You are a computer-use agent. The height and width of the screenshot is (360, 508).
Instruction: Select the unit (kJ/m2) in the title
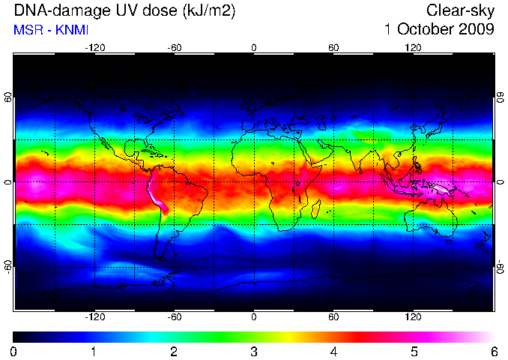pos(209,11)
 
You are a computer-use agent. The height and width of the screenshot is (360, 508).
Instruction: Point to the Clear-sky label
pos(460,11)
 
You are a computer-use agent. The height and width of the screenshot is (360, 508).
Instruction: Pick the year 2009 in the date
pos(477,29)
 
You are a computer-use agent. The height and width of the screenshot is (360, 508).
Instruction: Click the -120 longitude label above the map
pos(95,48)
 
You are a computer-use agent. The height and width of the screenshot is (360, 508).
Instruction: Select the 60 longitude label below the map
pos(333,316)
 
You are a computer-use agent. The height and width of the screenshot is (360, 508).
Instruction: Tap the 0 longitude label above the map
pos(254,48)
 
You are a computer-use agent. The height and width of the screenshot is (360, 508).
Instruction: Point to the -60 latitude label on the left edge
pos(8,267)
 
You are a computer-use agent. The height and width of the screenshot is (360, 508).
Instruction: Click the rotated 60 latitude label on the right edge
pos(501,97)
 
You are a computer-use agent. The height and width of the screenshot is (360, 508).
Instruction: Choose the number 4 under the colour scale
pos(333,352)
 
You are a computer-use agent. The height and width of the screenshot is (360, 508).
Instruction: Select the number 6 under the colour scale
pos(494,352)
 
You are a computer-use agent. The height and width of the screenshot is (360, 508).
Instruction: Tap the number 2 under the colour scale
pos(174,352)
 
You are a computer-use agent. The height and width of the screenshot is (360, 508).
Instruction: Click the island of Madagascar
pos(316,209)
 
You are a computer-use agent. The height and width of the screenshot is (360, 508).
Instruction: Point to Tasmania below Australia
pos(448,241)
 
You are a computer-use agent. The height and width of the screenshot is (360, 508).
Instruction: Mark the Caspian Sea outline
pos(321,123)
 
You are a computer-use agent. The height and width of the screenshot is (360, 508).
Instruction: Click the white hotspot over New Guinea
pos(440,188)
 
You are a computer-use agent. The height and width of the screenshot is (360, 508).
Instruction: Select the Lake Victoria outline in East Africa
pos(297,184)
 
